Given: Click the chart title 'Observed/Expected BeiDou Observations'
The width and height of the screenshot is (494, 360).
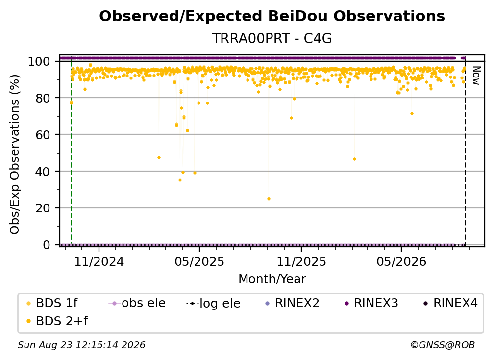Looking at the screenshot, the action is pyautogui.click(x=272, y=16).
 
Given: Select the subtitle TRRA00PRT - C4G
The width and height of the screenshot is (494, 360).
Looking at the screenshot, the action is pyautogui.click(x=272, y=38).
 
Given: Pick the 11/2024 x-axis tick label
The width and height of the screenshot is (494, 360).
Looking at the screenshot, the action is pyautogui.click(x=99, y=261).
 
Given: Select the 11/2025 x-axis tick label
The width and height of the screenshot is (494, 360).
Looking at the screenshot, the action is pyautogui.click(x=301, y=261).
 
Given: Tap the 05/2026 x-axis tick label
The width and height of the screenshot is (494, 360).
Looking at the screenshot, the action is pyautogui.click(x=401, y=261).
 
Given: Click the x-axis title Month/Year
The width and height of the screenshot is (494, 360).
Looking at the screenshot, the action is pyautogui.click(x=272, y=279).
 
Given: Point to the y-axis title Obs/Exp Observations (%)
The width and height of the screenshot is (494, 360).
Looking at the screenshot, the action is pyautogui.click(x=15, y=154).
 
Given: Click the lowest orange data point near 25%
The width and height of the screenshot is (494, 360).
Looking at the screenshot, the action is pyautogui.click(x=269, y=199).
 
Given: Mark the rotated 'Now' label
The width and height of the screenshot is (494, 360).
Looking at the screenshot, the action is pyautogui.click(x=476, y=76).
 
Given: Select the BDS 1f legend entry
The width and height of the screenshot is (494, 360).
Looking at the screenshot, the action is pyautogui.click(x=52, y=303).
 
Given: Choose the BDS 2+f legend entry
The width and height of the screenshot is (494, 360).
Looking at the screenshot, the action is pyautogui.click(x=57, y=321).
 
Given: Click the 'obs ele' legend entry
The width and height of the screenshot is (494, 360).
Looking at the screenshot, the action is pyautogui.click(x=137, y=303).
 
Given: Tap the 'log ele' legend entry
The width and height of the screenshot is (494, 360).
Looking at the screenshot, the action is pyautogui.click(x=213, y=303).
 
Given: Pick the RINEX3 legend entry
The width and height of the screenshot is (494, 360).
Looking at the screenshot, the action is pyautogui.click(x=371, y=303).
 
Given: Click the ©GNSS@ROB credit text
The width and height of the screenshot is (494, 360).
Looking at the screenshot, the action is pyautogui.click(x=443, y=345).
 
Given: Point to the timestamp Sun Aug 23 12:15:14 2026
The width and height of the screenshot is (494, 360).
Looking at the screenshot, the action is pyautogui.click(x=81, y=345).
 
